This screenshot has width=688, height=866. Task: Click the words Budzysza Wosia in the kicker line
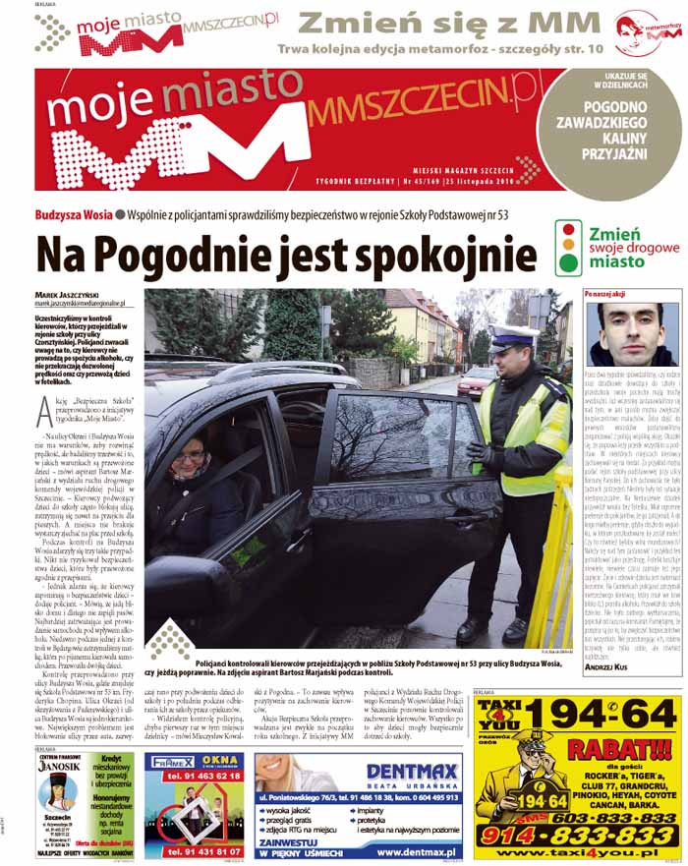(x=70, y=214)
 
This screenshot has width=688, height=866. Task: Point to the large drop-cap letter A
(x=44, y=407)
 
